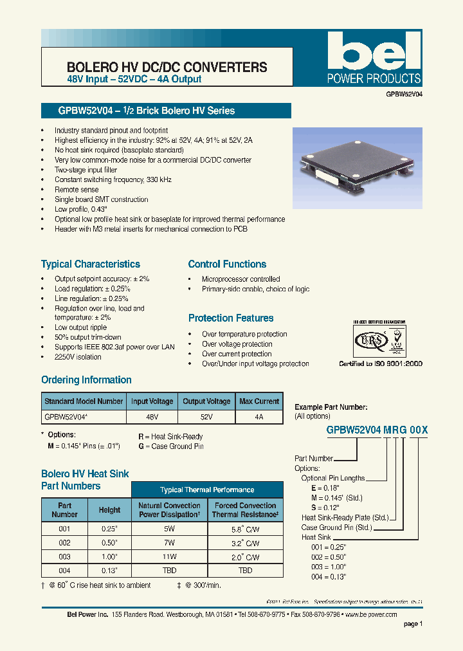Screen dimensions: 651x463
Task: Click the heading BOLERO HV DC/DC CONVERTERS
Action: [x=167, y=67]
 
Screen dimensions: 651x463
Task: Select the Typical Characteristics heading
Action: [x=91, y=264]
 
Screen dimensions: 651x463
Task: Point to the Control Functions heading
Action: [x=227, y=264]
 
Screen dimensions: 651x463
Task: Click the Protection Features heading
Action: [x=231, y=318]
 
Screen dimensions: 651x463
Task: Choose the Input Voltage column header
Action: [x=152, y=401]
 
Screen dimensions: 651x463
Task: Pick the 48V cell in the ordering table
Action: [x=152, y=417]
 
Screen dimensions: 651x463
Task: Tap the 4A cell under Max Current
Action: [x=259, y=417]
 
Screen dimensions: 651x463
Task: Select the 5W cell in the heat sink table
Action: [x=168, y=529]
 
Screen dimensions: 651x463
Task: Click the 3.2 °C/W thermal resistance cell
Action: [x=244, y=543]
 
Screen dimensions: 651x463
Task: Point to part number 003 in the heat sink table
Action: [x=64, y=556]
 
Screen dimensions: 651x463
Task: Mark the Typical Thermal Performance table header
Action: [x=207, y=490]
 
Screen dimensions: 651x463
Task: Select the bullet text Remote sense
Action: [x=77, y=190]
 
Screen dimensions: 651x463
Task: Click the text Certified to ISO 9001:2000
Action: [x=381, y=363]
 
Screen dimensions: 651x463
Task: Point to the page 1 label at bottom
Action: [x=413, y=623]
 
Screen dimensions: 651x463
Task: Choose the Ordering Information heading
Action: [x=86, y=380]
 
